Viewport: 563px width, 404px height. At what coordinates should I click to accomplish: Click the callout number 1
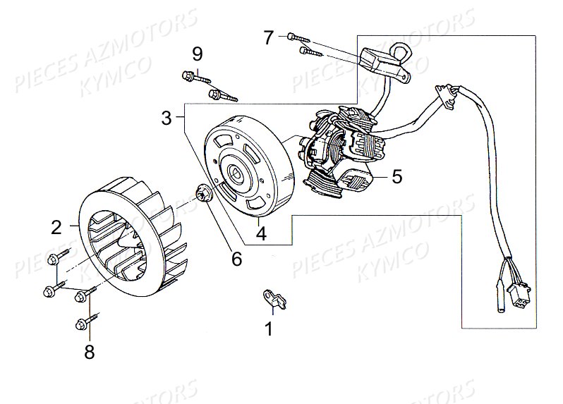[x=269, y=329]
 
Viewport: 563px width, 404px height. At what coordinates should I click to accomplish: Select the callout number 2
[x=56, y=228]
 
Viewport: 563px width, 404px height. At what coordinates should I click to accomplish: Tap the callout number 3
[x=167, y=118]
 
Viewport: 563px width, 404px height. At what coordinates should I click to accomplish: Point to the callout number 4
[x=261, y=233]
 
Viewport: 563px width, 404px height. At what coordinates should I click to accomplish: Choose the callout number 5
[x=396, y=176]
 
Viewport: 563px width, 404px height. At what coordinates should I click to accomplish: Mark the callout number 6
[x=236, y=259]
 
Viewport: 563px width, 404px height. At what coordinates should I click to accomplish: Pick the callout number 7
[x=269, y=37]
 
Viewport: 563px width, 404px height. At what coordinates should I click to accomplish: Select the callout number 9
[x=197, y=54]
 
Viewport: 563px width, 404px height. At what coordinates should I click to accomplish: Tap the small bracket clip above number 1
[x=275, y=299]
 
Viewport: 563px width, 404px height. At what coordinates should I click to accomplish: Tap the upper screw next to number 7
[x=298, y=37]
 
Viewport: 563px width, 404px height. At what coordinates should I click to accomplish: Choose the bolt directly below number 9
[x=222, y=96]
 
